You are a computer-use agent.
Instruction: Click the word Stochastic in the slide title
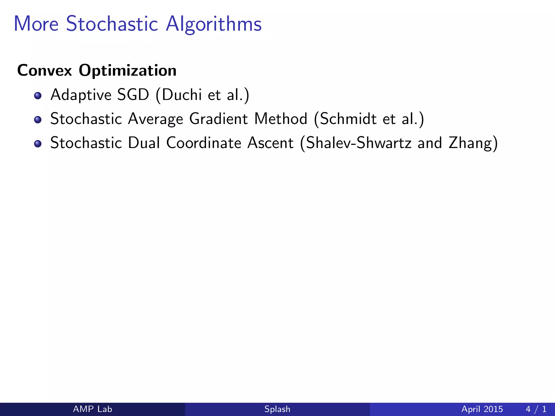click(x=112, y=24)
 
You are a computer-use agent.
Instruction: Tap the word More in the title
click(x=36, y=24)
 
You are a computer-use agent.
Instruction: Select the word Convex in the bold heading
click(x=44, y=70)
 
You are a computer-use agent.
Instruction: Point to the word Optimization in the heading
click(x=127, y=71)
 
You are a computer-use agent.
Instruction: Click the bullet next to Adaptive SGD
click(x=38, y=96)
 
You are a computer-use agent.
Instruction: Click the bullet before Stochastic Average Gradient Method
click(x=38, y=119)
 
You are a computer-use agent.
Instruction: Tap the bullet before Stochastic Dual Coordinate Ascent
click(x=38, y=144)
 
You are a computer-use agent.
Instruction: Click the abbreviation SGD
click(x=133, y=95)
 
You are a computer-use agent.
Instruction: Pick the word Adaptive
click(x=81, y=95)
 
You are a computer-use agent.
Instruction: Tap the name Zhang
click(x=470, y=143)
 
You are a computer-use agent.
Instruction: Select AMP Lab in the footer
click(x=92, y=409)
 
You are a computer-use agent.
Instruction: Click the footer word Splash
click(x=277, y=409)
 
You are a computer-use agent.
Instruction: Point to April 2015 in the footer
click(x=482, y=409)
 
